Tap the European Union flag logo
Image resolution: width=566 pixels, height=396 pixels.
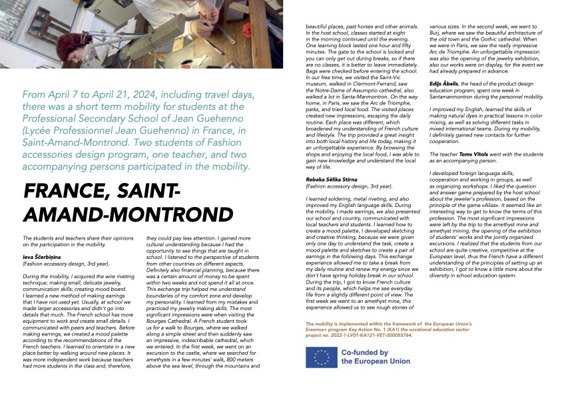[x=322, y=357]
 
